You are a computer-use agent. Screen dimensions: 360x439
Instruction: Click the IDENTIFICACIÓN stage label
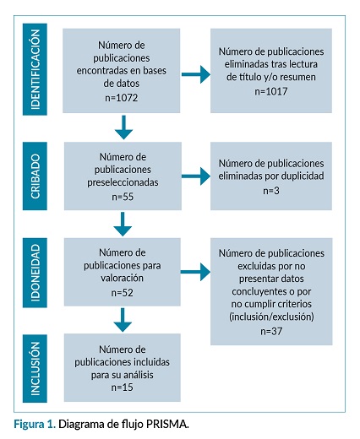pyautogui.click(x=35, y=69)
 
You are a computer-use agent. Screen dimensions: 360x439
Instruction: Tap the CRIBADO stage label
pyautogui.click(x=35, y=176)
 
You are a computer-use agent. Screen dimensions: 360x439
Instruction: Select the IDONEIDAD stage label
pyautogui.click(x=35, y=273)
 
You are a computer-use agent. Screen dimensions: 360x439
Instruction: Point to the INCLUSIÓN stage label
pyautogui.click(x=35, y=369)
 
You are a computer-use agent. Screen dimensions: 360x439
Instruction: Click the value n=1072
pyautogui.click(x=122, y=98)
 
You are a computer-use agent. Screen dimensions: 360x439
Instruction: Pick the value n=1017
pyautogui.click(x=271, y=91)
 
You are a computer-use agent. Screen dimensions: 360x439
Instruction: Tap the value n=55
pyautogui.click(x=123, y=197)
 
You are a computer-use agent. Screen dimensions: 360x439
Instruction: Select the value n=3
pyautogui.click(x=271, y=191)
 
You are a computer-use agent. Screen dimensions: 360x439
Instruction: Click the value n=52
pyautogui.click(x=122, y=293)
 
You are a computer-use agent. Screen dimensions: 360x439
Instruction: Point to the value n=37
pyautogui.click(x=271, y=331)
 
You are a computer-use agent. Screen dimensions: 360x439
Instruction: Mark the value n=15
pyautogui.click(x=122, y=388)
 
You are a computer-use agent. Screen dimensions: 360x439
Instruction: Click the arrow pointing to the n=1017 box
pyautogui.click(x=196, y=74)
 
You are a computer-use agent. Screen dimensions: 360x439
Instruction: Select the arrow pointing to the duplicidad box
pyautogui.click(x=196, y=176)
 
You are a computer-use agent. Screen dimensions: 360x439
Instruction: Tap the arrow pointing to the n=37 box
pyautogui.click(x=195, y=272)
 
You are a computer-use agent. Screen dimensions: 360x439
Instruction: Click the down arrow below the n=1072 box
pyautogui.click(x=123, y=127)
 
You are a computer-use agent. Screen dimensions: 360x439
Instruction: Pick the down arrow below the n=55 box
pyautogui.click(x=123, y=224)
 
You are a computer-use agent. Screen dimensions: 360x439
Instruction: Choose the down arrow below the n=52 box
pyautogui.click(x=123, y=320)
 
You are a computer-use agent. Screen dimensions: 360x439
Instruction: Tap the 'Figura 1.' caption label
pyautogui.click(x=35, y=424)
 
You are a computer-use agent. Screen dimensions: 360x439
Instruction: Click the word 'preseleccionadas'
pyautogui.click(x=123, y=182)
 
